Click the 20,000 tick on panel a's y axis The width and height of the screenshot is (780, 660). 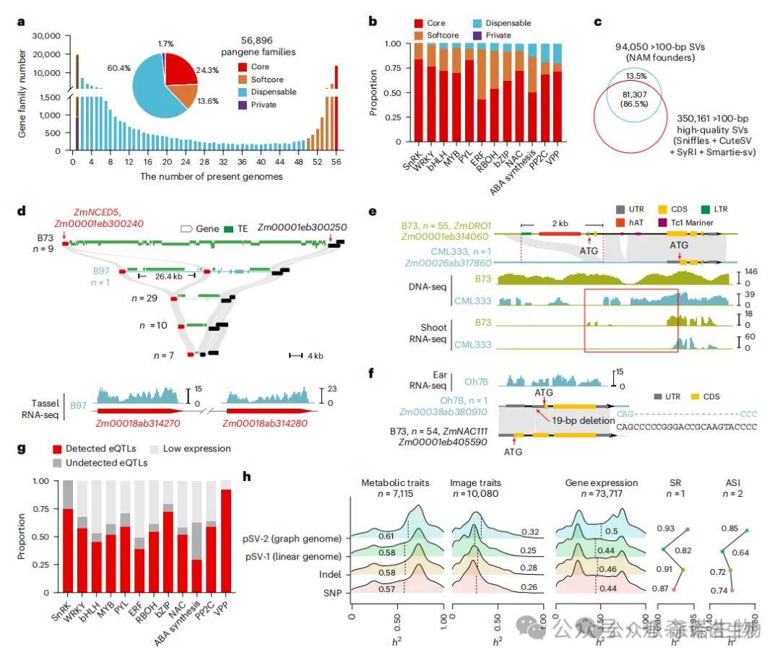43,54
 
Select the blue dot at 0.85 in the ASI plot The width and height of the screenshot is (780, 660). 747,530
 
